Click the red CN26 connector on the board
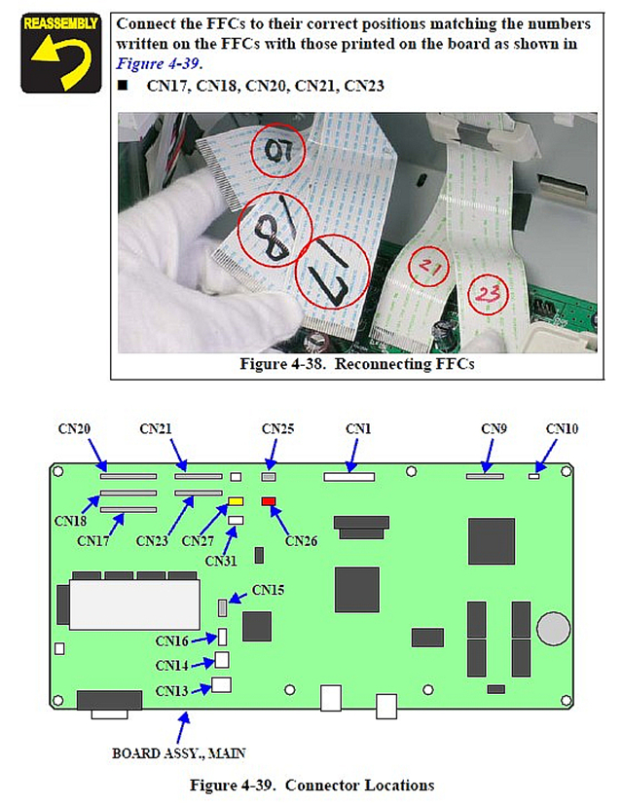[269, 501]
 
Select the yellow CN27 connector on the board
[236, 501]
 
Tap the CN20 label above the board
[76, 428]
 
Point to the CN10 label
[562, 428]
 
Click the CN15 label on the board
[269, 589]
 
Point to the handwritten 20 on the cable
[278, 151]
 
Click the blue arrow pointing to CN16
[208, 640]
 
